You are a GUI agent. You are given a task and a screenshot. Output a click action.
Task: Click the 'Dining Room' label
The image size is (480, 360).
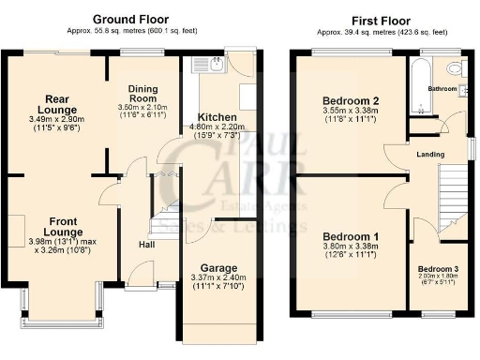148,92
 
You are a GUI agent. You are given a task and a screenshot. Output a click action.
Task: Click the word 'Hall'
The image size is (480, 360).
147,245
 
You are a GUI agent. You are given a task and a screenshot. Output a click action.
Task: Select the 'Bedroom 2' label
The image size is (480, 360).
348,101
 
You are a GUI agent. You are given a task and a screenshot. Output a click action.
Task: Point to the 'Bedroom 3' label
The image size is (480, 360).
438,269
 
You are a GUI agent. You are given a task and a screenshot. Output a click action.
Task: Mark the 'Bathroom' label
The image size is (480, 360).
442,90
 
